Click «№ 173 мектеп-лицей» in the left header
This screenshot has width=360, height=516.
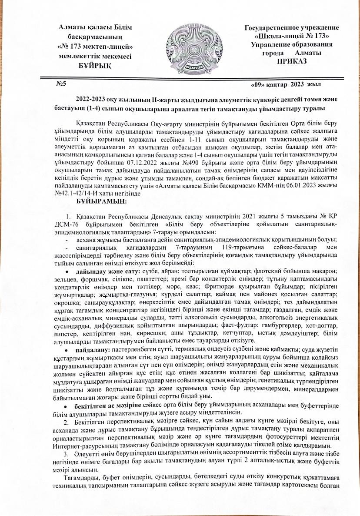95,46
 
